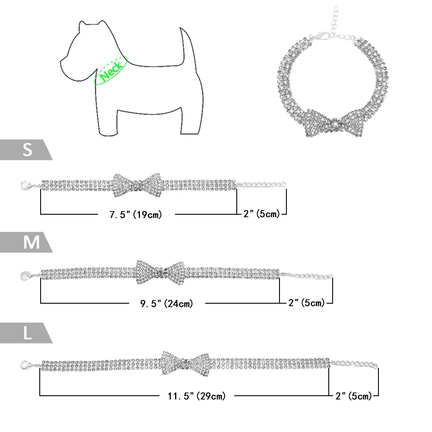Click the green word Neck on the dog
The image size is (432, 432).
point(110,70)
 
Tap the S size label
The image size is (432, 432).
point(27,150)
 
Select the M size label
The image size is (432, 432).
point(31,242)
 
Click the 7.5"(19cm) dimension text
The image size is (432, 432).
point(135,214)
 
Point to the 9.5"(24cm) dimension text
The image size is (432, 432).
point(166,304)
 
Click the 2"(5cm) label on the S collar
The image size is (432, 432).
point(261,213)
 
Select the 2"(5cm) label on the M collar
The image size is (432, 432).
point(306,303)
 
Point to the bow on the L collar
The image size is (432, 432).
point(186,362)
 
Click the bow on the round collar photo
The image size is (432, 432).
point(335,121)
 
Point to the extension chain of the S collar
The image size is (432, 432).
point(261,184)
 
